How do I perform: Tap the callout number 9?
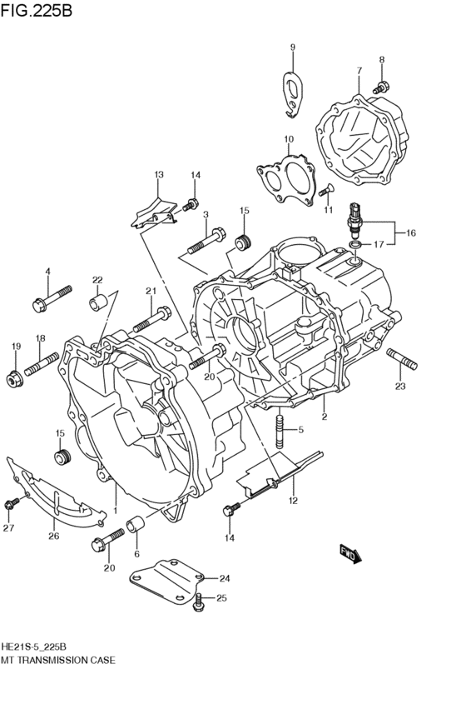(x=292, y=47)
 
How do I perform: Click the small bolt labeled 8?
(x=380, y=87)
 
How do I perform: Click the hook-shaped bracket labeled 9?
(x=292, y=91)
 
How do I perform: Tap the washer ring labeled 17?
(x=354, y=246)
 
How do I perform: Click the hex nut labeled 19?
(x=13, y=379)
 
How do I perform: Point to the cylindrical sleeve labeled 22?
(x=98, y=301)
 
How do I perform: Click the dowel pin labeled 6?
(x=134, y=527)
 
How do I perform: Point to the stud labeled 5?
(x=280, y=429)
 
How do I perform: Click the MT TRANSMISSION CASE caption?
(x=58, y=659)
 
